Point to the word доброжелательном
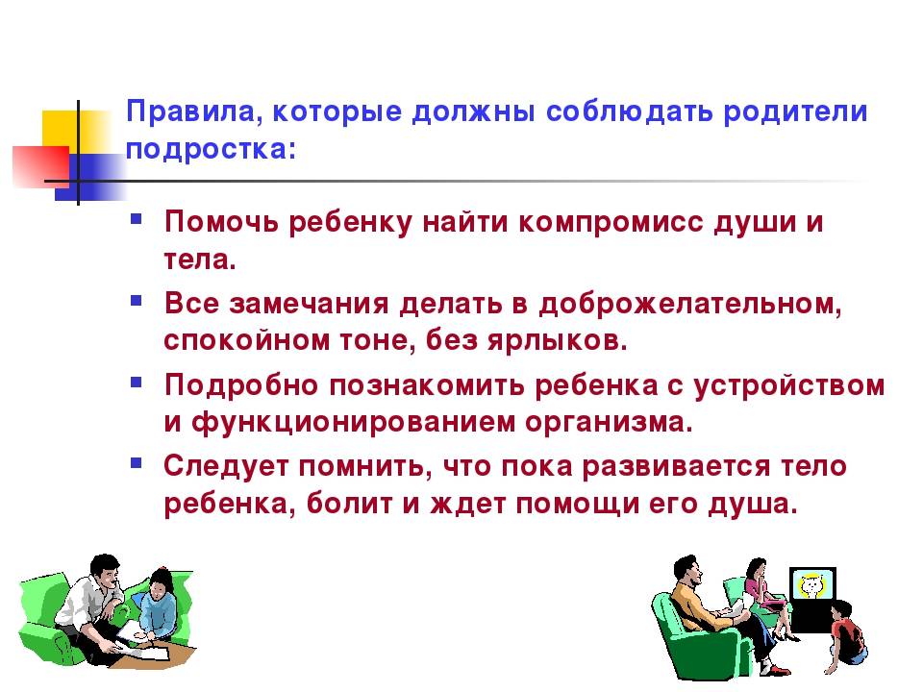pyautogui.click(x=690, y=305)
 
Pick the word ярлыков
pyautogui.click(x=558, y=340)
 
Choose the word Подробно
pyautogui.click(x=242, y=385)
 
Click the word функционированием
pyautogui.click(x=353, y=422)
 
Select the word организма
pyautogui.click(x=610, y=423)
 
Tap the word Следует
pyautogui.click(x=227, y=466)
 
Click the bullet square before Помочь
pyautogui.click(x=137, y=219)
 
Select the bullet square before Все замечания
pyautogui.click(x=137, y=301)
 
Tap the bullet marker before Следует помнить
pyautogui.click(x=137, y=463)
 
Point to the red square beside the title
pyautogui.click(x=41, y=166)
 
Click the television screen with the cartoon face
pyautogui.click(x=811, y=586)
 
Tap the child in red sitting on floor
pyautogui.click(x=846, y=637)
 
